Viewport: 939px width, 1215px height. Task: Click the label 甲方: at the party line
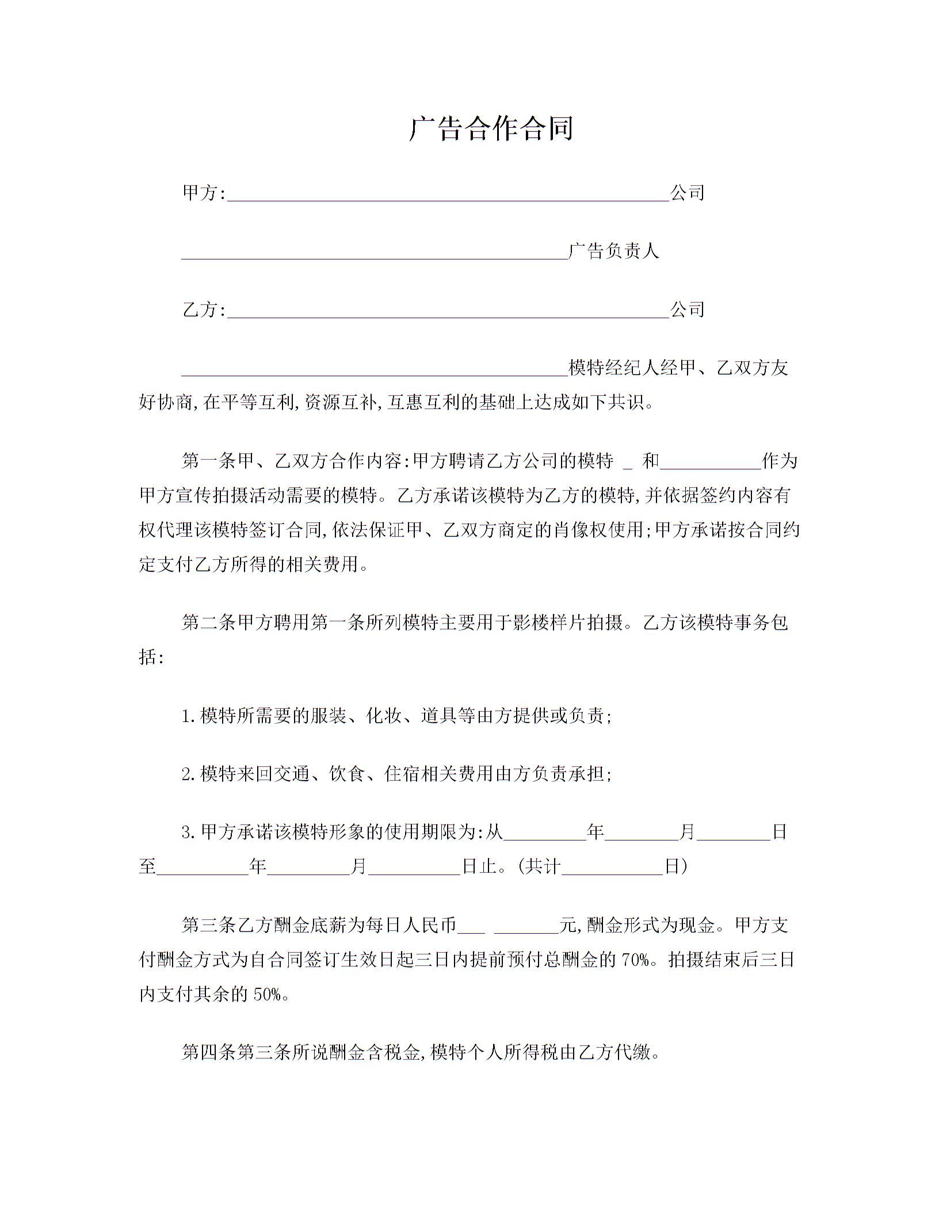tap(204, 193)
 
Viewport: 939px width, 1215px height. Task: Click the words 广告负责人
tap(613, 251)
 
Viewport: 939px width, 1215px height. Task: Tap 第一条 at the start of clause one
tap(209, 461)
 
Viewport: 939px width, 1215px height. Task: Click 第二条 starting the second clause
tap(209, 622)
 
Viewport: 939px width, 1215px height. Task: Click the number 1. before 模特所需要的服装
tap(190, 716)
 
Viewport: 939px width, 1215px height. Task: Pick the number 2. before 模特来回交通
tap(190, 774)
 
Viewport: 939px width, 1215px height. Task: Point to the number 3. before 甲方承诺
tap(190, 832)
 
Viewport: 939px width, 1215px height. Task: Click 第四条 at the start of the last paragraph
tap(209, 1053)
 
